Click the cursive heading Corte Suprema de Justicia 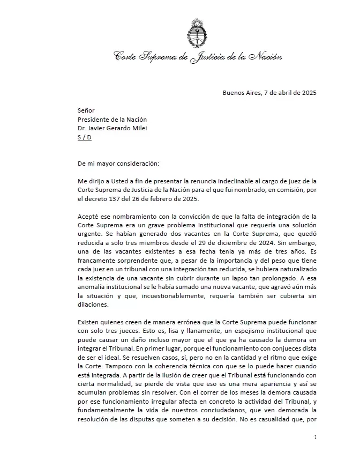click(198, 56)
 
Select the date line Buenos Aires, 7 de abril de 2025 click(269, 92)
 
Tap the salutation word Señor click(86, 110)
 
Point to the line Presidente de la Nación click(112, 120)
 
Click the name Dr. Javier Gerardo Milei click(112, 129)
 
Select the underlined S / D click(85, 138)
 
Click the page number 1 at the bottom click(316, 438)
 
